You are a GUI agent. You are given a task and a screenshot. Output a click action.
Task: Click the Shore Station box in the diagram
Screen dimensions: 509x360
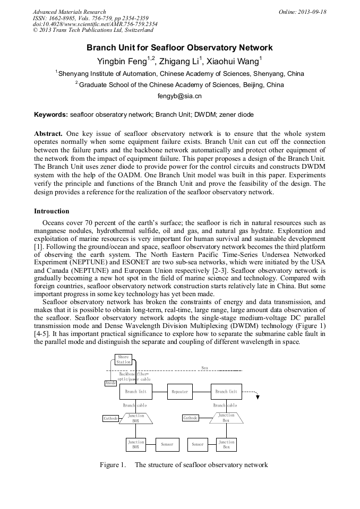pyautogui.click(x=123, y=359)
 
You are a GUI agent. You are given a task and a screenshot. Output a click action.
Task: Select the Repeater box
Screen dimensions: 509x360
pyautogui.click(x=179, y=392)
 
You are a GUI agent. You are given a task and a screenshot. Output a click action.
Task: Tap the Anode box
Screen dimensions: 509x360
pyautogui.click(x=110, y=383)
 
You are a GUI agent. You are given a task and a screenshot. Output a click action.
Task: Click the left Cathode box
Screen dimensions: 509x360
pyautogui.click(x=110, y=418)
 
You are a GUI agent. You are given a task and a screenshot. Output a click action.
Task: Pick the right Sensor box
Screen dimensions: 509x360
pyautogui.click(x=198, y=444)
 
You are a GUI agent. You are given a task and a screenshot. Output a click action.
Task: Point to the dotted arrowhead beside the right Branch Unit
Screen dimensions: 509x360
pyautogui.click(x=257, y=396)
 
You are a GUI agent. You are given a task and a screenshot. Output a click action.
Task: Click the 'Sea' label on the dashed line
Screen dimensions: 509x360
pyautogui.click(x=205, y=367)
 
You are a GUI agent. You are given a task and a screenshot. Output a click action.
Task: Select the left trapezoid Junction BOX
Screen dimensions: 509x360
pyautogui.click(x=136, y=418)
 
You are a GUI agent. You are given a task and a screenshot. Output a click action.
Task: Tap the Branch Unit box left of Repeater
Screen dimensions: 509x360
pyautogui.click(x=136, y=392)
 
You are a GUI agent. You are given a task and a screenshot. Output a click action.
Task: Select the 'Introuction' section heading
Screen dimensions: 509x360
pyautogui.click(x=52, y=211)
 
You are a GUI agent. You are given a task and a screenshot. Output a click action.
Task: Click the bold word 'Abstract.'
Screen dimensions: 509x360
pyautogui.click(x=49, y=134)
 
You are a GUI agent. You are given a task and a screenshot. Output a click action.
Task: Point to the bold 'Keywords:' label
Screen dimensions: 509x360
pyautogui.click(x=51, y=115)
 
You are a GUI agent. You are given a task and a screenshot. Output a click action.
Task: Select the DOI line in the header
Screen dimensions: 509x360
pyautogui.click(x=95, y=24)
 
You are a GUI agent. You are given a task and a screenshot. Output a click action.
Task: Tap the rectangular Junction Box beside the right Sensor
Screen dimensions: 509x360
pyautogui.click(x=226, y=444)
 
